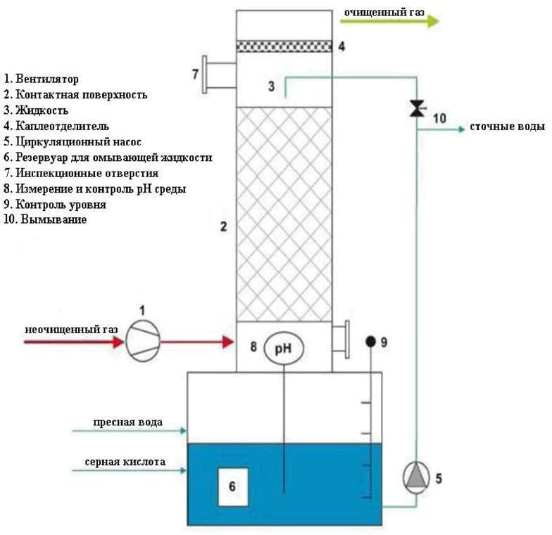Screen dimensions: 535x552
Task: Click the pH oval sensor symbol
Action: pos(283,347)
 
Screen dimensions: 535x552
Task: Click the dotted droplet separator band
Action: pos(283,46)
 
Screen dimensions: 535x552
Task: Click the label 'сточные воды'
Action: pos(506,127)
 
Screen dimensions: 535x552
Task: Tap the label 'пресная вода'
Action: pos(128,423)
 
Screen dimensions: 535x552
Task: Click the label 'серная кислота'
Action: pos(125,462)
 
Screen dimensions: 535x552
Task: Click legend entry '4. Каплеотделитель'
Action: pos(56,126)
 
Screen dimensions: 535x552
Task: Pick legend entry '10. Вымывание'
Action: pos(45,220)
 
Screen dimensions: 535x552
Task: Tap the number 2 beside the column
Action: pos(223,226)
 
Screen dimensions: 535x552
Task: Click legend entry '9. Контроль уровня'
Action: pos(55,205)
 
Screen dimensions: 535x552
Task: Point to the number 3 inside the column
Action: pos(271,86)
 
